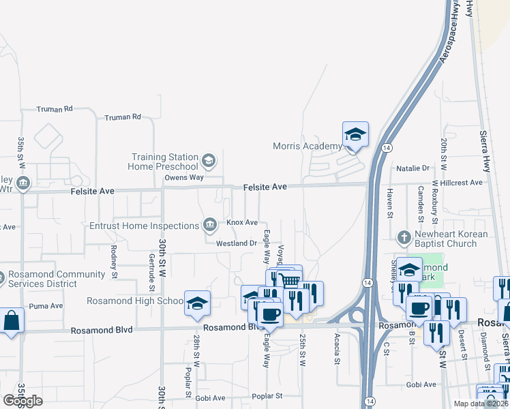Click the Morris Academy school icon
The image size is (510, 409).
355,134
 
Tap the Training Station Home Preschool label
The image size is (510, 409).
164,162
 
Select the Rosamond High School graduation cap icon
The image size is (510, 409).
197,303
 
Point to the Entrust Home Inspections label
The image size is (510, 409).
144,226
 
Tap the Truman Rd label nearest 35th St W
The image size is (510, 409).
55,109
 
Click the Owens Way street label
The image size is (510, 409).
184,178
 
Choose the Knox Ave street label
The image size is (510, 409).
242,222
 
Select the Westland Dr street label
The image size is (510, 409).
236,243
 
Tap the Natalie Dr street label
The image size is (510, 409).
412,168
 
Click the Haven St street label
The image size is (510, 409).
391,203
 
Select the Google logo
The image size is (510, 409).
22,400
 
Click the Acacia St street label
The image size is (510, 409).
337,349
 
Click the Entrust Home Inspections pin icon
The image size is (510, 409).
210,225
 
